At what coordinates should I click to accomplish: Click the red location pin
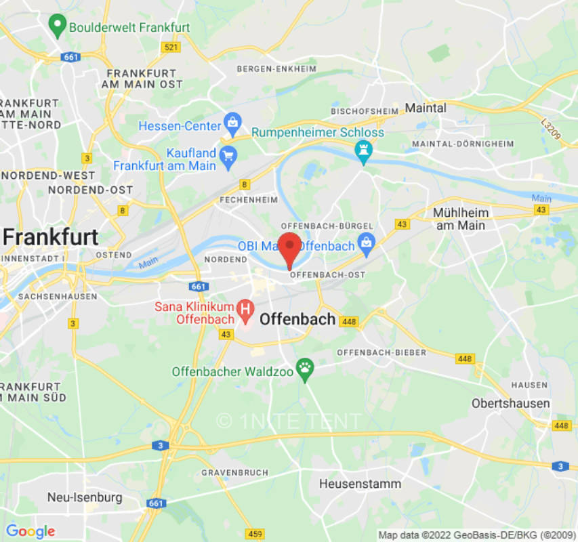[x=290, y=247]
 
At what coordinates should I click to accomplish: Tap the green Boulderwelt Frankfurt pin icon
[x=57, y=26]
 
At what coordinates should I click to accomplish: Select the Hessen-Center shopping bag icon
[x=232, y=123]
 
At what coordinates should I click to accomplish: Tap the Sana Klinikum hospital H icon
[x=245, y=310]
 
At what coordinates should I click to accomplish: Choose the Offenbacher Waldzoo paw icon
[x=306, y=369]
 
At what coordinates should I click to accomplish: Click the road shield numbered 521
[x=171, y=47]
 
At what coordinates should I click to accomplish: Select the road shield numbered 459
[x=255, y=534]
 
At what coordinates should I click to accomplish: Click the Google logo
[x=30, y=531]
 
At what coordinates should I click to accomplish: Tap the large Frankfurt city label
[x=51, y=237]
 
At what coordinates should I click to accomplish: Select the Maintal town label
[x=425, y=108]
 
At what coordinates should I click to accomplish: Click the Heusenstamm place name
[x=360, y=484]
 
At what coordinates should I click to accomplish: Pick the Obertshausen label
[x=511, y=403]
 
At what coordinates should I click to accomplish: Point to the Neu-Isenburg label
[x=85, y=497]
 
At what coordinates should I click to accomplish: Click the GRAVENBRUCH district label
[x=230, y=472]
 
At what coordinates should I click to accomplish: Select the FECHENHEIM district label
[x=249, y=200]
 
